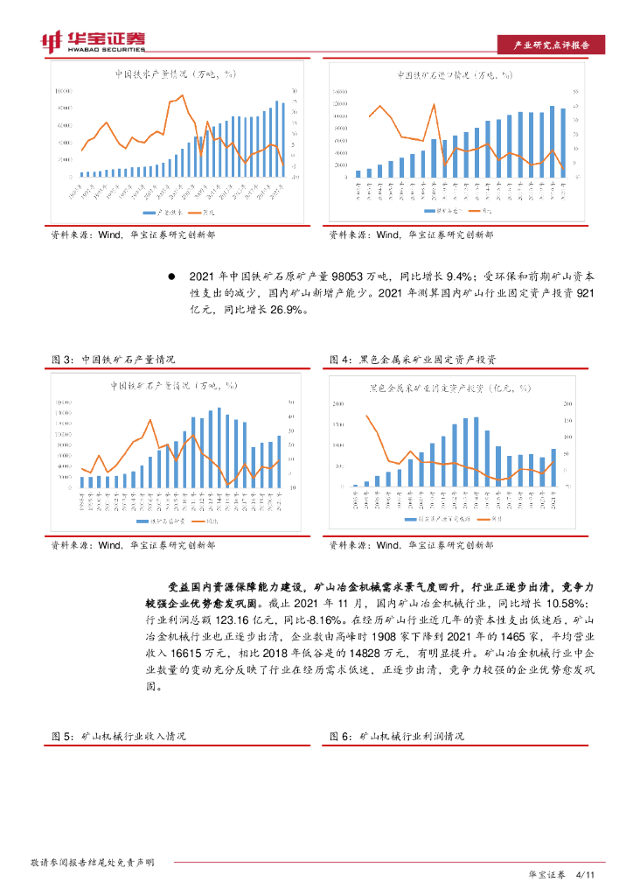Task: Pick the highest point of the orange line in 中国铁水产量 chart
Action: pos(182,95)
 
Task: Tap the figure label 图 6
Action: pos(339,737)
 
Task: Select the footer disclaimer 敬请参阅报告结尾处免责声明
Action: pos(92,863)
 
